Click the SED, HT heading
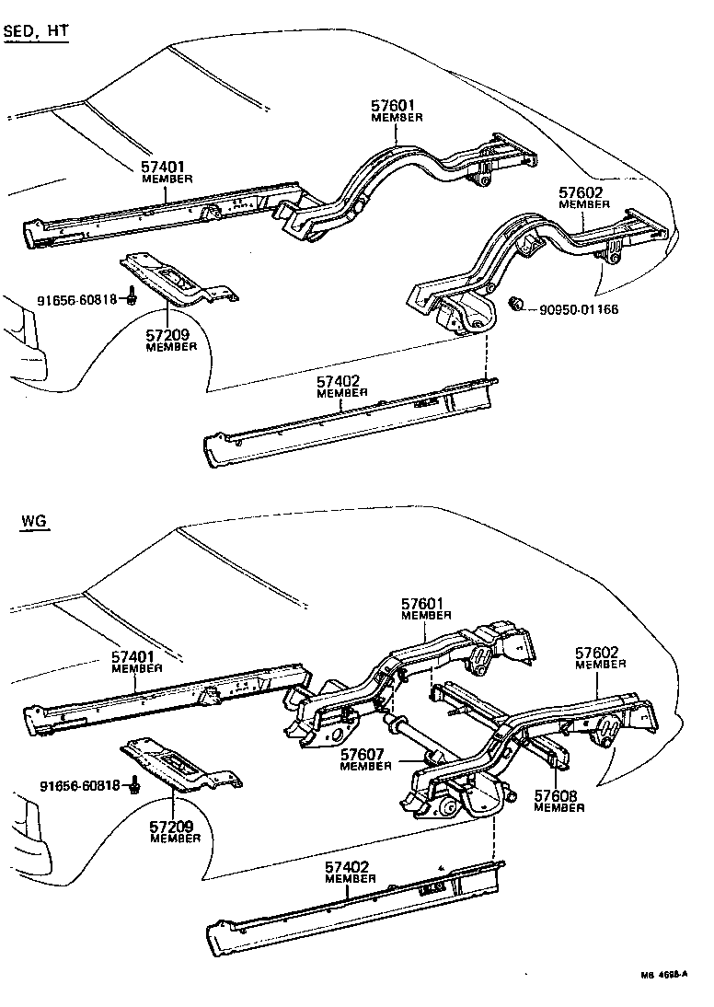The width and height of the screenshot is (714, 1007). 37,31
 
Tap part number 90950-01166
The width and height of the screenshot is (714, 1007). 572,309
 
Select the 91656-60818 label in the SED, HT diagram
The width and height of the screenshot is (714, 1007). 78,299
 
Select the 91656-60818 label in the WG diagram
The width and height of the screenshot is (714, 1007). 80,785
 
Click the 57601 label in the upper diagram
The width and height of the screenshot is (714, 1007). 397,107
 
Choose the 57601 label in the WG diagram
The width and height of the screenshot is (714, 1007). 426,604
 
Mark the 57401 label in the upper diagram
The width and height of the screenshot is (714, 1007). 167,168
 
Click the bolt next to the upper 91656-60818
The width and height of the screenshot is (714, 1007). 132,296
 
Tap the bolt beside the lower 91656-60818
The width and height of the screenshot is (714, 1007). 134,783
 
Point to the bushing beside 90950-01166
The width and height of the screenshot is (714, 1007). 516,304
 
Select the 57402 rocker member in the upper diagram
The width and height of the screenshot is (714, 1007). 350,423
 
